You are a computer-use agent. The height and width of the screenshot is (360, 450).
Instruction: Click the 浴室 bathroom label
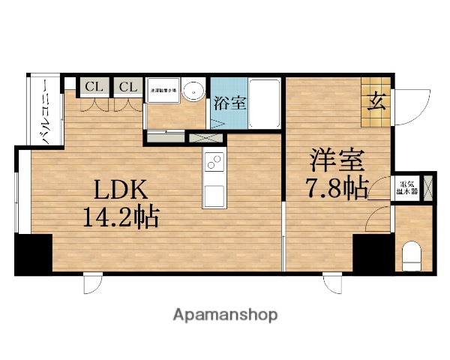click(226, 103)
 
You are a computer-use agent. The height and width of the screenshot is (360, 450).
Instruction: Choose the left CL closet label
click(94, 87)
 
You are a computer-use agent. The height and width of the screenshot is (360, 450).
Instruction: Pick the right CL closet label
click(127, 87)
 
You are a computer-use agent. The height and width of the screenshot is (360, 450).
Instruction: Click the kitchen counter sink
click(213, 196)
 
